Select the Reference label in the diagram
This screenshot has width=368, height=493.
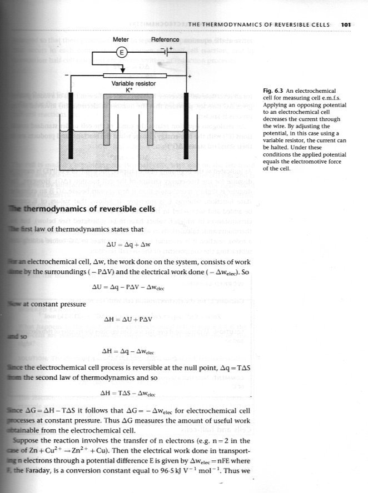(x=165, y=40)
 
